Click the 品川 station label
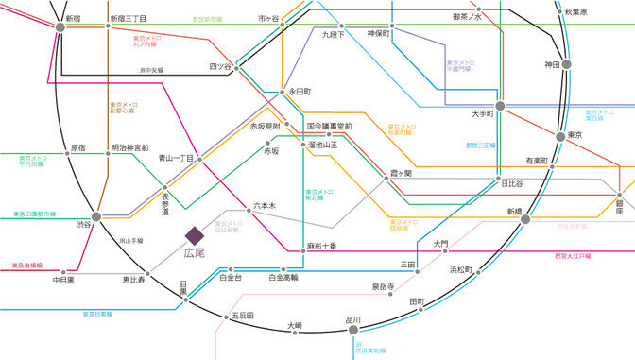[x=353, y=319]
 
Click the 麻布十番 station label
[x=322, y=246]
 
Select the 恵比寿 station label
[x=133, y=280]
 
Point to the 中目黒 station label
[x=63, y=280]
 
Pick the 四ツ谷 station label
[x=219, y=66]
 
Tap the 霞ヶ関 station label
[x=401, y=174]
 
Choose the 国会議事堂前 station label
[x=329, y=126]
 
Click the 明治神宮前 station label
[x=129, y=147]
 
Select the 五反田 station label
[x=243, y=315]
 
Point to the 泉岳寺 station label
[x=383, y=285]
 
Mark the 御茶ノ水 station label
[x=467, y=16]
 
